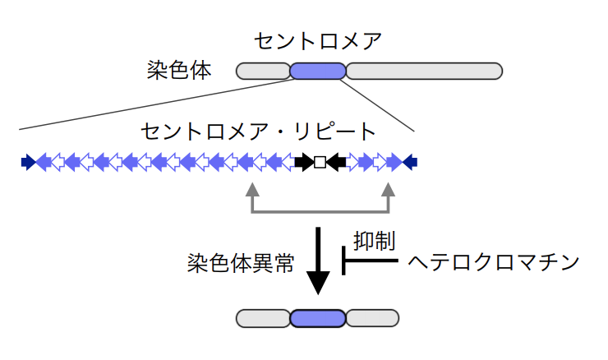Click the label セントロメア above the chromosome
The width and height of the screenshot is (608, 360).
318,41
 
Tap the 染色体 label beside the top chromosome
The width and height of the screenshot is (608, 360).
179,70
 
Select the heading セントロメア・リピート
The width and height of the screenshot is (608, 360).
258,132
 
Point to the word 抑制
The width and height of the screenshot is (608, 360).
374,241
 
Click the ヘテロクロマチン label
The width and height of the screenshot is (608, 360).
494,262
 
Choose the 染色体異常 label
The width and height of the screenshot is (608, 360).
241,263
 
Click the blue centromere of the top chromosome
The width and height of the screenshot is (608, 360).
318,71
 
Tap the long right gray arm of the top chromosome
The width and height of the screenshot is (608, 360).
424,71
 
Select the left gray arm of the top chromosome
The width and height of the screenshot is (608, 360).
263,71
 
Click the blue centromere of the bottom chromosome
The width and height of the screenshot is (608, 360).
318,318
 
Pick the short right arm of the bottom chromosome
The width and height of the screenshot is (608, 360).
372,318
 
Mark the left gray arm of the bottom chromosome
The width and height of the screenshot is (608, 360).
263,318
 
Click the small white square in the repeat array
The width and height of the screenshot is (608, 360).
320,162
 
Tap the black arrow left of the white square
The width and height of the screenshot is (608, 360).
304,162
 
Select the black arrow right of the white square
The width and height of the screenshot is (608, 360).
336,162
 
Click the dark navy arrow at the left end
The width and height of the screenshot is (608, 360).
29,162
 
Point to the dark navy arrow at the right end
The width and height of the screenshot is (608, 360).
410,162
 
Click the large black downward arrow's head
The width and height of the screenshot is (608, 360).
318,283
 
